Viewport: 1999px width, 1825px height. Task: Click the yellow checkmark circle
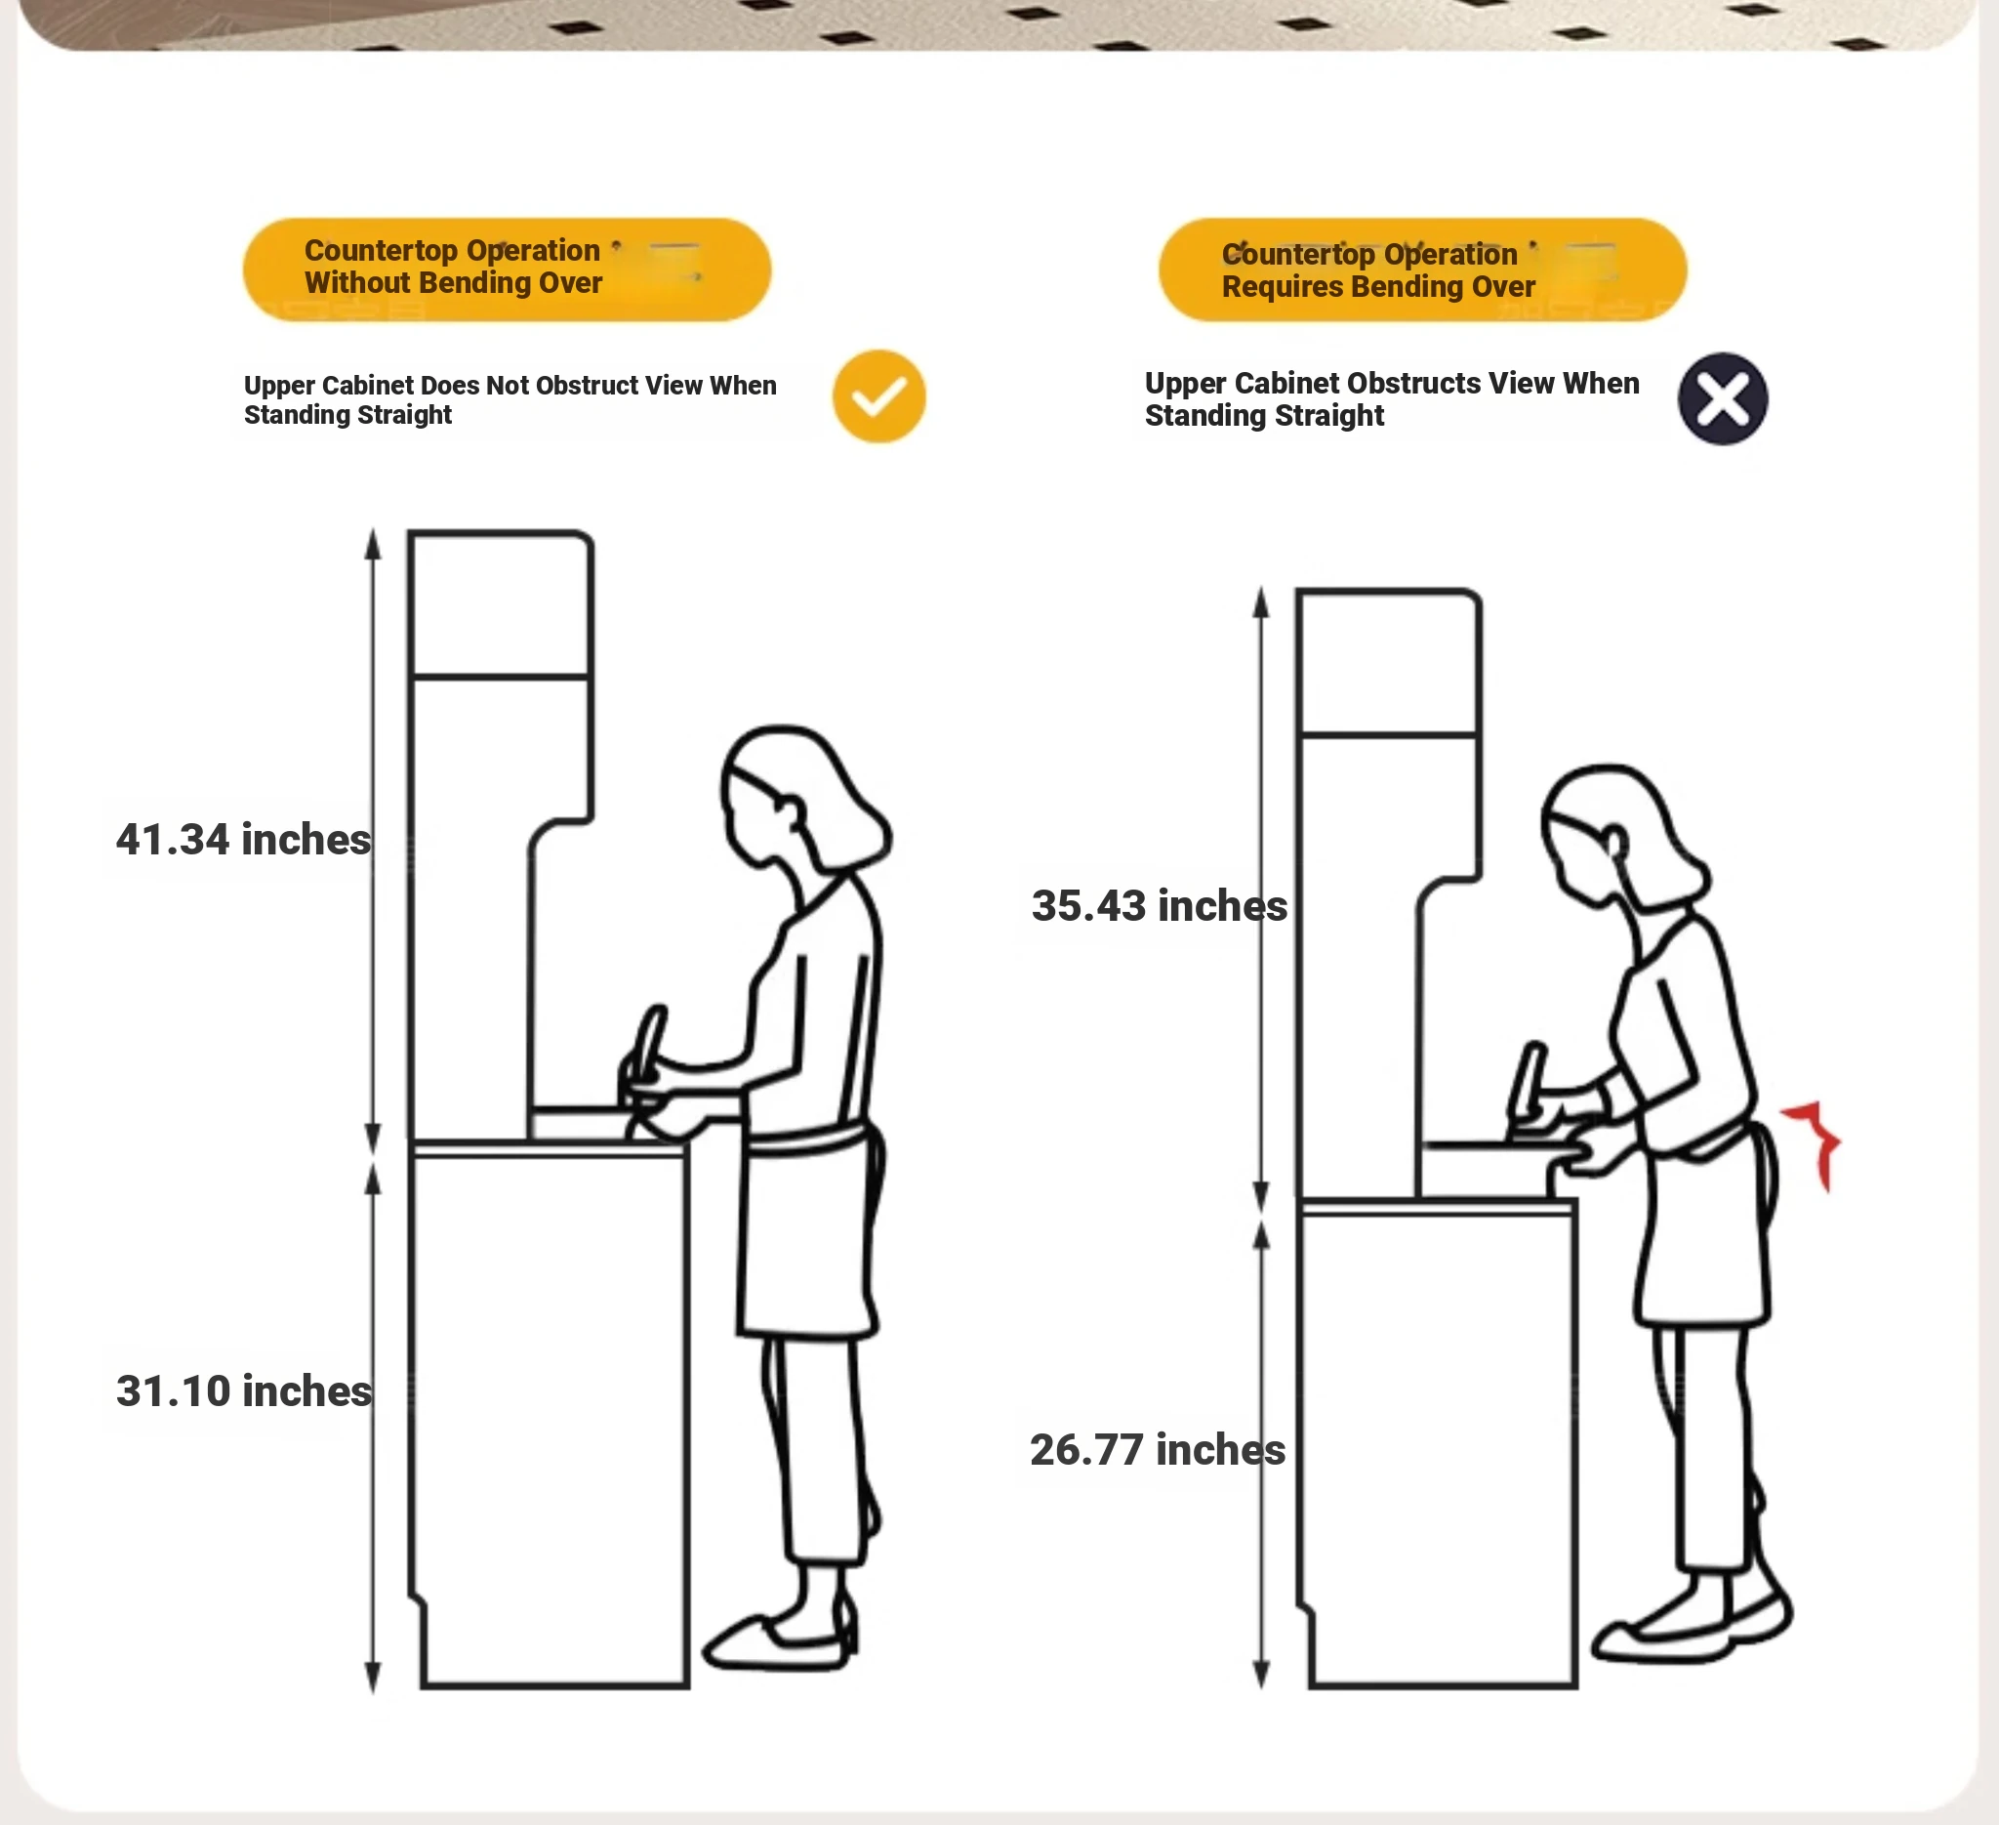tap(878, 396)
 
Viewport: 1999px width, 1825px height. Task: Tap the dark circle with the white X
tap(1723, 398)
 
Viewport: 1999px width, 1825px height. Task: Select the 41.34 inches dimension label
tap(244, 839)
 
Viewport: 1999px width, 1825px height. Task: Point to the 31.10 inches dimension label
tap(244, 1390)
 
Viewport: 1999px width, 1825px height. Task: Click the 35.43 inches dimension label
tap(1160, 905)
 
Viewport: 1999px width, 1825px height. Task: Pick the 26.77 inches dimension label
tap(1158, 1449)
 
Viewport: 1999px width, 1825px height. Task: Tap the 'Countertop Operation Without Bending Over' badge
tap(507, 269)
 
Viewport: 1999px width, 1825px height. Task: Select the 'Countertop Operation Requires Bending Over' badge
tap(1423, 270)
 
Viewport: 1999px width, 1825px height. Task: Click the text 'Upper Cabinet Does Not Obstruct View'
tap(473, 385)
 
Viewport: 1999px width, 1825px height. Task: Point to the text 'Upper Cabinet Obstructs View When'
tap(1392, 383)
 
